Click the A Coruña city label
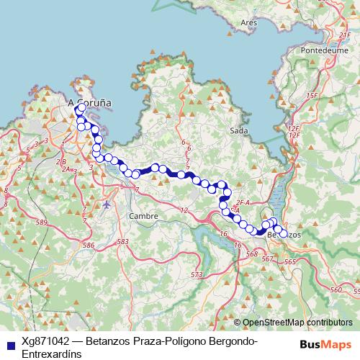pyautogui.click(x=90, y=104)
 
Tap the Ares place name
pyautogui.click(x=249, y=23)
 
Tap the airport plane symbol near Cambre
pyautogui.click(x=107, y=204)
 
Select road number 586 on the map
pyautogui.click(x=89, y=246)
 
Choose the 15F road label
pyautogui.click(x=312, y=95)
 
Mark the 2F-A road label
pyautogui.click(x=243, y=204)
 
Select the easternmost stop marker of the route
pyautogui.click(x=284, y=233)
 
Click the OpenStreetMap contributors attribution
pyautogui.click(x=297, y=323)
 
